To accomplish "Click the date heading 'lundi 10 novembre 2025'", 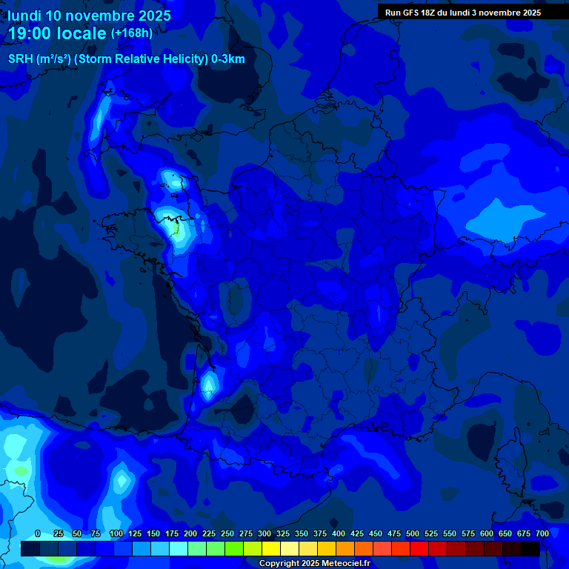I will pos(89,16).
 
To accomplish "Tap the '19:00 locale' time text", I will pos(57,33).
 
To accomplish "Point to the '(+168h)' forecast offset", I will pos(131,33).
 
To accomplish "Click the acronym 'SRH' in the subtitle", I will pos(20,59).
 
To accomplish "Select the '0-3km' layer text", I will pos(227,59).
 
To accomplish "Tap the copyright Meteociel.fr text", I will pos(314,564).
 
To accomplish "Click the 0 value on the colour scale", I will pos(38,533).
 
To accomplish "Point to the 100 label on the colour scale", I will pos(116,533).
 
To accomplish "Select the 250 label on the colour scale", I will pos(227,533).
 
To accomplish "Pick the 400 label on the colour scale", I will pos(339,533).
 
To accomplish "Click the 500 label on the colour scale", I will pos(413,533).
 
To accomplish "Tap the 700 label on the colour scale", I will pos(542,533).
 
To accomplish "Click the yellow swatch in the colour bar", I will pos(271,549).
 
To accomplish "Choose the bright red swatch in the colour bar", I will pos(419,549).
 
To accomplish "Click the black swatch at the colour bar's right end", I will pos(530,549).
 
